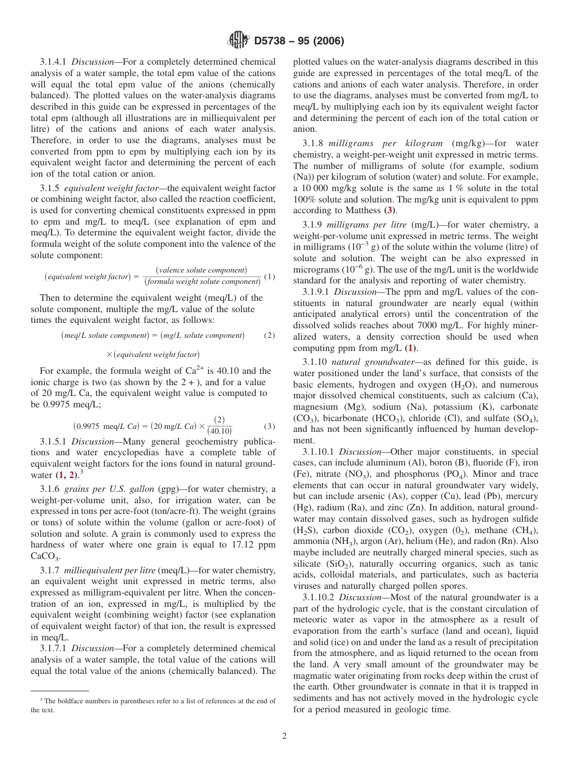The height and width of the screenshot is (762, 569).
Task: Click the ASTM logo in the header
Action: [x=238, y=41]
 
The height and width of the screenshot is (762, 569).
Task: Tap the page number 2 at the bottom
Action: [x=284, y=736]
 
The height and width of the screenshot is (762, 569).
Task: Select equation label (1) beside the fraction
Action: [x=270, y=276]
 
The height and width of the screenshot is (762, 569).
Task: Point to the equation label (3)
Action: [x=270, y=427]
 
